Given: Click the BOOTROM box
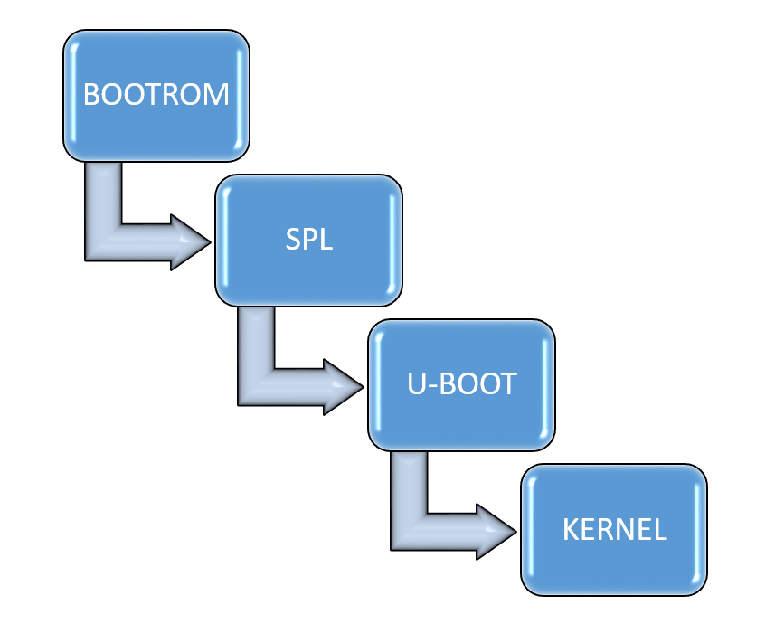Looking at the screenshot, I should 156,95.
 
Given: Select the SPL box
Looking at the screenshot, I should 307,240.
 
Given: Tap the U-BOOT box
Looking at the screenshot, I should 461,384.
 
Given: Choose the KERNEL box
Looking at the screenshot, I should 615,529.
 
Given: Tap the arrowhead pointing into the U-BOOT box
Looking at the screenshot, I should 344,387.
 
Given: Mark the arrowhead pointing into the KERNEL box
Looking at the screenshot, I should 496,531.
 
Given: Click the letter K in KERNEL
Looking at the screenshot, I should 571,530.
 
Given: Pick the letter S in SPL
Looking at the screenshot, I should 292,241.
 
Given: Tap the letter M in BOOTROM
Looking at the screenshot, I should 216,95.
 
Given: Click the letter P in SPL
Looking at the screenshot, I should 308,241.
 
